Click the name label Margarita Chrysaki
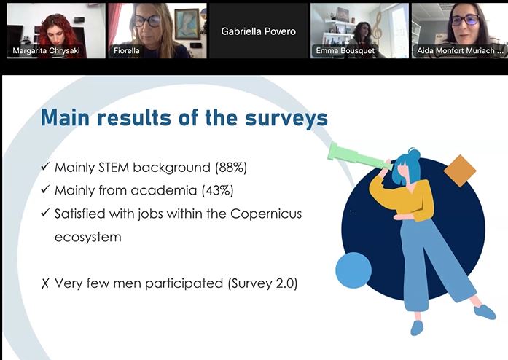tap(46, 50)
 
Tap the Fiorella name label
tap(126, 50)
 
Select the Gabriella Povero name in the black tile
tap(259, 31)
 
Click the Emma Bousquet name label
tap(345, 50)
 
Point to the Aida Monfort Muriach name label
tap(460, 50)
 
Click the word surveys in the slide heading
tap(286, 118)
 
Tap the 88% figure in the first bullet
tap(231, 168)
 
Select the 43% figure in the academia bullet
tap(217, 190)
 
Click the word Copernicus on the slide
tap(266, 214)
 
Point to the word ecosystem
tap(87, 237)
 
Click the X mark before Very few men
tap(45, 283)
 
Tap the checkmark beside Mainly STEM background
tap(45, 167)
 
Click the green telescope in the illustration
tap(359, 157)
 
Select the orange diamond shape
tap(460, 171)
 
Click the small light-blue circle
tap(353, 270)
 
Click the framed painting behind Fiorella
tap(187, 24)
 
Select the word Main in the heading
tap(65, 117)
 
